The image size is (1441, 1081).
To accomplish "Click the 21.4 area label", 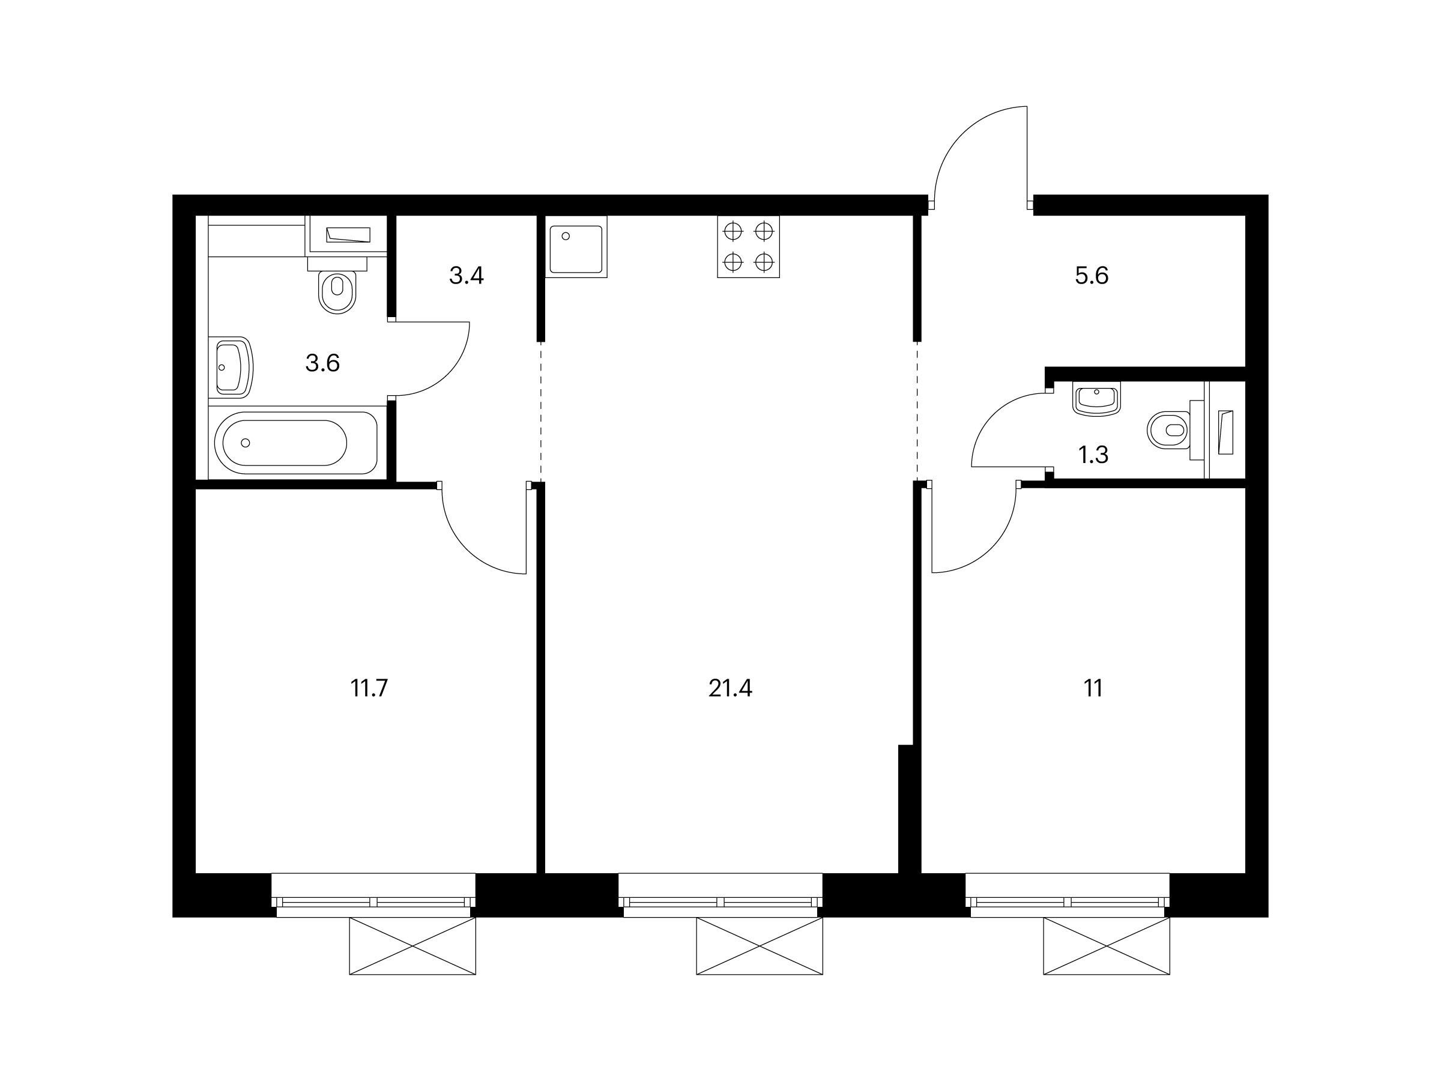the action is pyautogui.click(x=730, y=689).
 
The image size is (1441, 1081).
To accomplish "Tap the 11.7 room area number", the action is pyautogui.click(x=369, y=689).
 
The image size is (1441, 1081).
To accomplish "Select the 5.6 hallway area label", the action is pyautogui.click(x=1092, y=276).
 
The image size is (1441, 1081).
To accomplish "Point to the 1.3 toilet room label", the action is pyautogui.click(x=1093, y=455).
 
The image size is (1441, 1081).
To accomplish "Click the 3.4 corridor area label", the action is pyautogui.click(x=467, y=276).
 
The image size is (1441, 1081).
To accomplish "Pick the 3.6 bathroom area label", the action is pyautogui.click(x=322, y=363).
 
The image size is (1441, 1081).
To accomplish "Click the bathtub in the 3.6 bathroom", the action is pyautogui.click(x=297, y=443).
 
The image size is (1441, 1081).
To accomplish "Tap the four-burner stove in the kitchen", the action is pyautogui.click(x=749, y=247).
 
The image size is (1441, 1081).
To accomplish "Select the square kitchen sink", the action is pyautogui.click(x=576, y=247).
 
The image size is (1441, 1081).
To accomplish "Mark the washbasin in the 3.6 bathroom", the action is pyautogui.click(x=231, y=368).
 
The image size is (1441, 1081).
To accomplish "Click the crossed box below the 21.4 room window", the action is pyautogui.click(x=759, y=946).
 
